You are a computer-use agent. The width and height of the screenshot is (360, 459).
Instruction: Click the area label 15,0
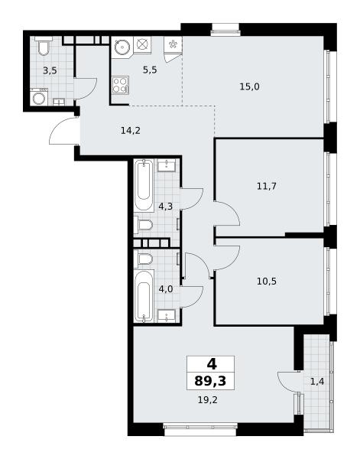(249, 87)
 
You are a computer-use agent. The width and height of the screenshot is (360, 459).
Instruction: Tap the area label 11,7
(267, 186)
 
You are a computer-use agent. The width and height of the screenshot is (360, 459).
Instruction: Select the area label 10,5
(267, 282)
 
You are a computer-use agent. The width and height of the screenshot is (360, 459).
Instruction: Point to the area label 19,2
(208, 400)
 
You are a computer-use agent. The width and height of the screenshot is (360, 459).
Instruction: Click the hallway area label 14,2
(131, 131)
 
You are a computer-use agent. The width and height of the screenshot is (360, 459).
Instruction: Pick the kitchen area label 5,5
(150, 70)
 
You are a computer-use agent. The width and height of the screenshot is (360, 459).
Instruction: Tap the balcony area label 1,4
(317, 382)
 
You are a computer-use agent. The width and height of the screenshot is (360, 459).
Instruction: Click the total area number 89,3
(210, 382)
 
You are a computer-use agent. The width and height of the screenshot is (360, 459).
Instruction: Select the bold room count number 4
(212, 364)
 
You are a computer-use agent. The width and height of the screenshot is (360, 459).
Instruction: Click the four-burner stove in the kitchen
(121, 85)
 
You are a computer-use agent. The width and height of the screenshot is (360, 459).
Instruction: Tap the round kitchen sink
(121, 46)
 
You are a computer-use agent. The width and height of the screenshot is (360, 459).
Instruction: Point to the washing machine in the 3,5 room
(39, 97)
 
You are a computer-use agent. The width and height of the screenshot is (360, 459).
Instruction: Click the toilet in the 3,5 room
(44, 46)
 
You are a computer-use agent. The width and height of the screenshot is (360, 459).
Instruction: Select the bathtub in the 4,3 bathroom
(144, 184)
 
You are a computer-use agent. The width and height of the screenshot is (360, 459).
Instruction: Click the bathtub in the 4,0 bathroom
(144, 296)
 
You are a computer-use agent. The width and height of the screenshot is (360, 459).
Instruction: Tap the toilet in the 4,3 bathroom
(144, 225)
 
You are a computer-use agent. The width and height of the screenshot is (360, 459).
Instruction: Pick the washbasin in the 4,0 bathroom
(167, 316)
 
